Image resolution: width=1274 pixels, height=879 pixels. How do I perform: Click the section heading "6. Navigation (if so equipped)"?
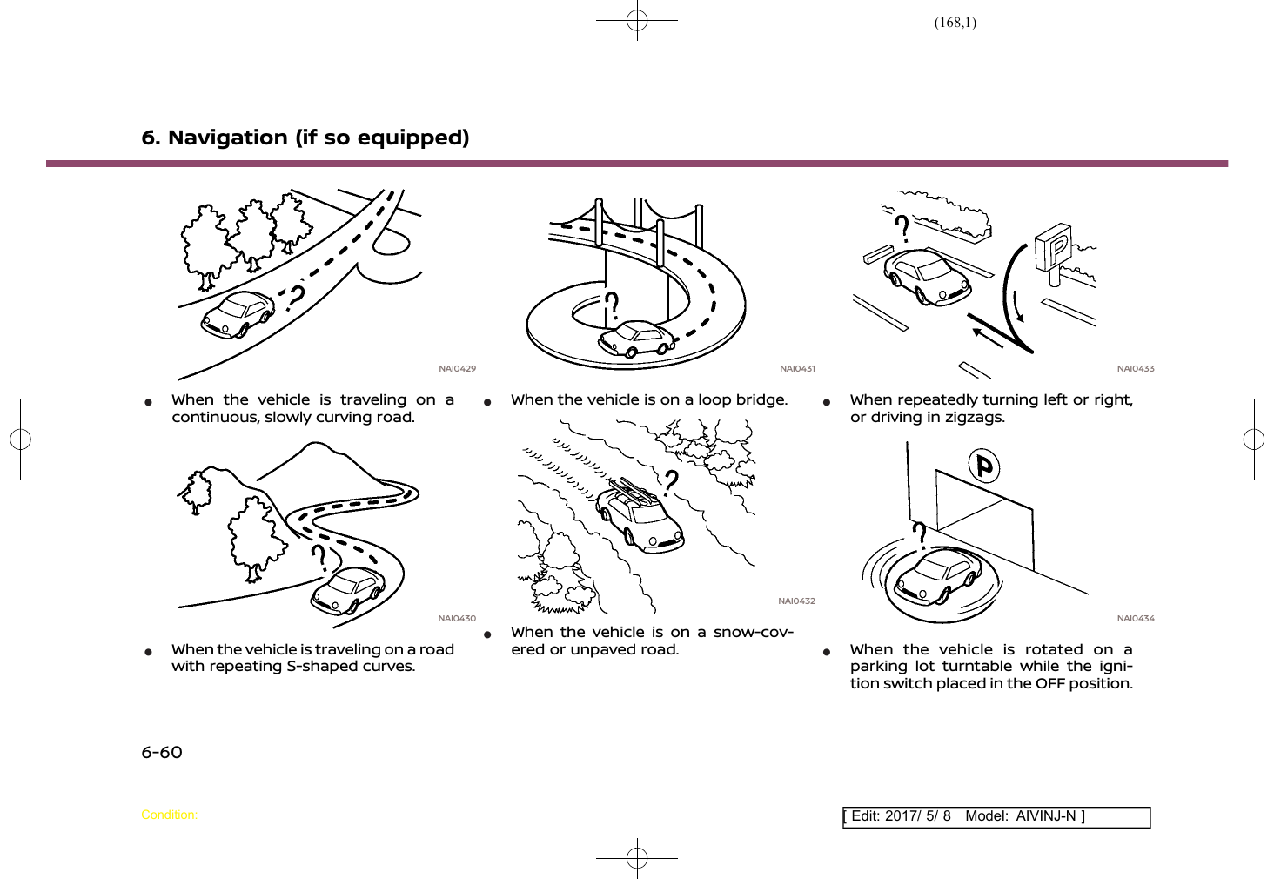coord(305,138)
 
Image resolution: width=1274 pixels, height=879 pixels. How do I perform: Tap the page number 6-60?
coord(162,752)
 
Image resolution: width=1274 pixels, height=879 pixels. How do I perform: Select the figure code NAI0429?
coord(457,369)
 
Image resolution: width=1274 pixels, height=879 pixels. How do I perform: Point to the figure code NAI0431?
coord(797,369)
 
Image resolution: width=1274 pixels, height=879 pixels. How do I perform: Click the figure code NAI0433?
coord(1136,369)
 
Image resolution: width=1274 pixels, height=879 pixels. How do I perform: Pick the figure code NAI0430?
coord(457,619)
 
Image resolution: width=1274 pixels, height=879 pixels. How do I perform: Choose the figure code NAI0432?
coord(796,601)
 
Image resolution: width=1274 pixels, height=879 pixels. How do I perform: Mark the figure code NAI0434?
coord(1136,619)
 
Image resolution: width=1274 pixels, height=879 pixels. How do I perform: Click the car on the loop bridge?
coord(637,339)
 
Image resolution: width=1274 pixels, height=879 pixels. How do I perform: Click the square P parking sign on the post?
coord(1054,247)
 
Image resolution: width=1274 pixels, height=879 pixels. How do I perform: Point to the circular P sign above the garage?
coord(984,466)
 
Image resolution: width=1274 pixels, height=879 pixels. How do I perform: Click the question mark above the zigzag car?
coord(903,228)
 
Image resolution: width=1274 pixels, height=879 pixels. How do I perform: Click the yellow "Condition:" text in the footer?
coord(169,815)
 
